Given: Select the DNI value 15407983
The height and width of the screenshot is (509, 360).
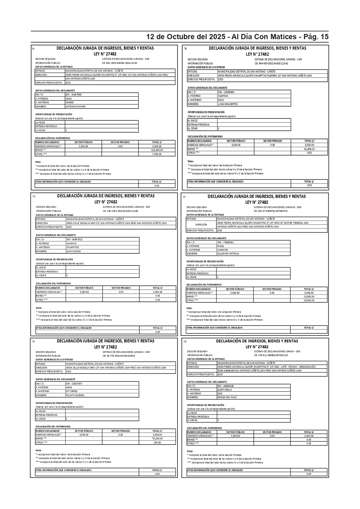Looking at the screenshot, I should (x=74, y=95).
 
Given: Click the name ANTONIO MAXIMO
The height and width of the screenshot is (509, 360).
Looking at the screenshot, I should (x=75, y=107).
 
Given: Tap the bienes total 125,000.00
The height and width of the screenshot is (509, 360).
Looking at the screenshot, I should (x=157, y=150).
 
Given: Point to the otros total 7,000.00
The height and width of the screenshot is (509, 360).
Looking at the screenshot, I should (x=157, y=154).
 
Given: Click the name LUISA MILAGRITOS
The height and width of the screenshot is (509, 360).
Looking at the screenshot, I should (x=227, y=104).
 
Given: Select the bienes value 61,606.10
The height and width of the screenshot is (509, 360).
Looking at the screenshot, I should (x=309, y=149).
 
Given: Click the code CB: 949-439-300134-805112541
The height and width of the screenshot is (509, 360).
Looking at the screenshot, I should (x=271, y=63).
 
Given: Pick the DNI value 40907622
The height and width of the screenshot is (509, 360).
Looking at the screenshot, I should (x=75, y=239).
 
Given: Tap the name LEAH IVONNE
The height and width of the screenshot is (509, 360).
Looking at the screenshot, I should (x=74, y=251).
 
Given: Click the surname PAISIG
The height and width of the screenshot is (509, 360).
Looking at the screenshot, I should (x=220, y=246).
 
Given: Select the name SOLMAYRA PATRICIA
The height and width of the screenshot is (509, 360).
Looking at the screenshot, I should (x=228, y=254).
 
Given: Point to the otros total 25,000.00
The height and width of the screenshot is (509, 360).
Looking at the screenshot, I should (x=309, y=300).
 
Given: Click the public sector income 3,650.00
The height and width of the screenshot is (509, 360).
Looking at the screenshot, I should (x=235, y=293).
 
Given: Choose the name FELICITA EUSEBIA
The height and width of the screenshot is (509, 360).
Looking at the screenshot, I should (x=75, y=395).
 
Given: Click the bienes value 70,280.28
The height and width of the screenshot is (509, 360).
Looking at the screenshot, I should (x=157, y=438).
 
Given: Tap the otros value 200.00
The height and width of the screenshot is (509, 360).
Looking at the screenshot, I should (x=157, y=443).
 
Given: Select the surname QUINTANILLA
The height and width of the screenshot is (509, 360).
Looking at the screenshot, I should (x=225, y=390).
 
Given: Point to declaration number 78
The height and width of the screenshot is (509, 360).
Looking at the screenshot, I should (x=185, y=342).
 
